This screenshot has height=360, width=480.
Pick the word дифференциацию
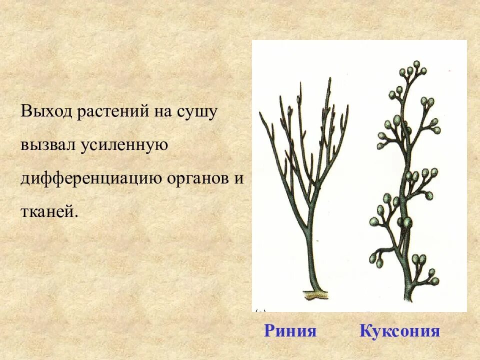click(90, 178)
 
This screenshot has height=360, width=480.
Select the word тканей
click(49, 211)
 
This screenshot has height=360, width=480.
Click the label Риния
click(290, 330)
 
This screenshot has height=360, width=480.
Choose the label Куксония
click(399, 330)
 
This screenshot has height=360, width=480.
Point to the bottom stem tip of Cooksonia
click(407, 298)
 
